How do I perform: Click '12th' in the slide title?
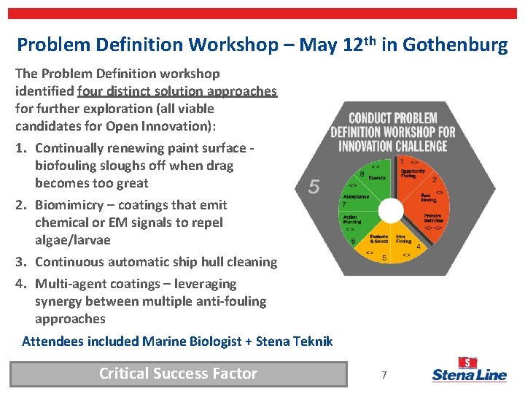pos(358,44)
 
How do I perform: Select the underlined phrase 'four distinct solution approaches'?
pos(177,91)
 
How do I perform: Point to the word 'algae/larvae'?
pos(71,240)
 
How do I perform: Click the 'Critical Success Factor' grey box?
pos(178,374)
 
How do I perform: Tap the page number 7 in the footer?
pos(384,375)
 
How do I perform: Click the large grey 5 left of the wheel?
pos(314,188)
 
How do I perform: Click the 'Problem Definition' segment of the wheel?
pos(430,217)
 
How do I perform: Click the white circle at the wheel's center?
pos(392,210)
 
